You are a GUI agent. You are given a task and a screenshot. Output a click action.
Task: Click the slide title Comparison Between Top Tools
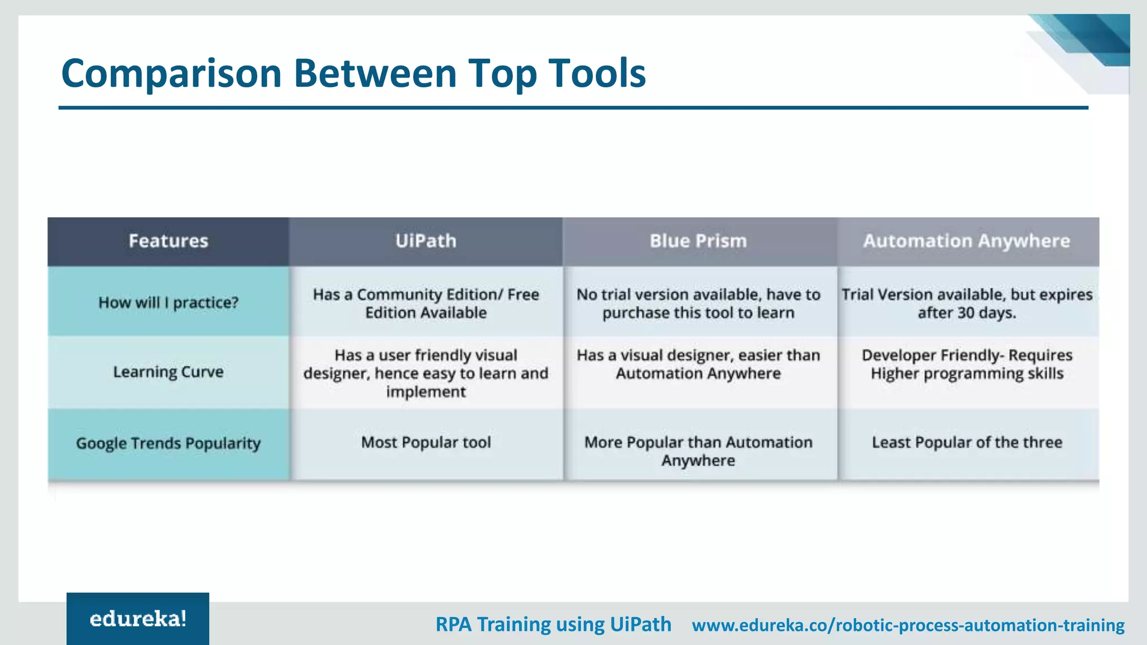click(353, 73)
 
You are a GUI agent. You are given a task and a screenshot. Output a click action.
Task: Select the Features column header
click(168, 241)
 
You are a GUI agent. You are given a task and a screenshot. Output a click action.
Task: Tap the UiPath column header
click(426, 241)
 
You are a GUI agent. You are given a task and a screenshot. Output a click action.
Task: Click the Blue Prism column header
click(698, 241)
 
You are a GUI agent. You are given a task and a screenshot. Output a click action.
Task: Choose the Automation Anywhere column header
click(967, 241)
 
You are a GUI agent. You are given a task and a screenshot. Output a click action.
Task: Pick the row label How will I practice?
click(168, 302)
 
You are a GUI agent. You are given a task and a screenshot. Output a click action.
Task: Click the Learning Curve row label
click(168, 372)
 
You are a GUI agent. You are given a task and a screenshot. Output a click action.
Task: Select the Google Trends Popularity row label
click(168, 443)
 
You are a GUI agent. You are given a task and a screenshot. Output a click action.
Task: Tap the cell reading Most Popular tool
click(426, 442)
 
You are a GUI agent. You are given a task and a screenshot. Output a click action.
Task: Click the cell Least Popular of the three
click(967, 442)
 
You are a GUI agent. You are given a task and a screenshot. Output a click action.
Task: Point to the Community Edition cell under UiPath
click(426, 303)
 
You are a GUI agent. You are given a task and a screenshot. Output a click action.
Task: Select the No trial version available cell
click(698, 303)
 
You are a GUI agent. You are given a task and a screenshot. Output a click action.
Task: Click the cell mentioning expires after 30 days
click(967, 303)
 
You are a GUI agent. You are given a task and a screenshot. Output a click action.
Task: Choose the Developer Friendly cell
click(967, 364)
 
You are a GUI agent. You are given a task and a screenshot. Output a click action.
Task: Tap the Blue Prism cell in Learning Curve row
click(698, 364)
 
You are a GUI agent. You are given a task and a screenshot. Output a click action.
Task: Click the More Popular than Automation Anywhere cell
click(698, 451)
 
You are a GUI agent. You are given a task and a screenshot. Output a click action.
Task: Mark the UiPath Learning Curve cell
click(426, 373)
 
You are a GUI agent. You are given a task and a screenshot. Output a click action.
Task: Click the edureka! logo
click(138, 619)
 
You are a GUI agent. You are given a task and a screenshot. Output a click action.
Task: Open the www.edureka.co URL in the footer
click(907, 625)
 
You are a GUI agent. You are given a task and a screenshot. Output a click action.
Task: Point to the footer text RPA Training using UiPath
click(553, 624)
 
